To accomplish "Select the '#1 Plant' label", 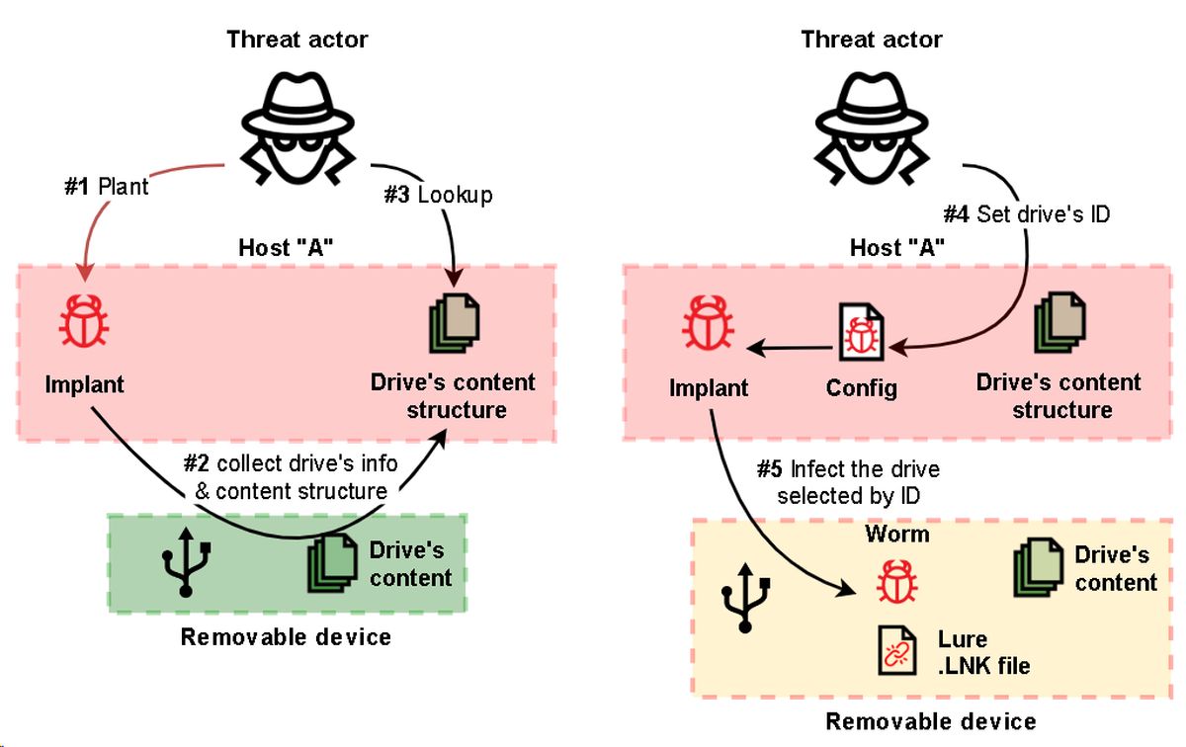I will click(x=107, y=186).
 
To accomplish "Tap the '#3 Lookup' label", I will click(x=438, y=195).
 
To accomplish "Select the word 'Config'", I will click(x=862, y=387).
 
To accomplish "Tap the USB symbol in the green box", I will click(x=185, y=563).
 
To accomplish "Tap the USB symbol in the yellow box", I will click(x=746, y=600).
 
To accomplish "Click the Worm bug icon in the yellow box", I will click(x=896, y=580).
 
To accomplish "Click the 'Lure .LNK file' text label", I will click(x=983, y=652).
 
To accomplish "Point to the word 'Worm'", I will click(x=897, y=534).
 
